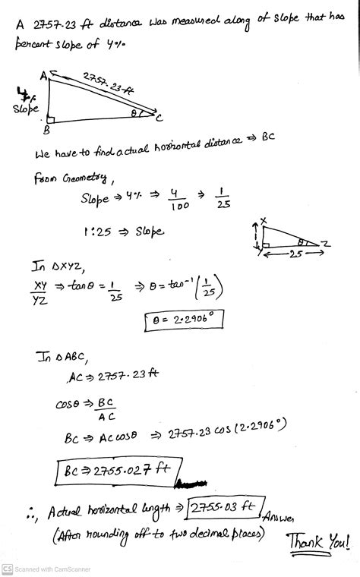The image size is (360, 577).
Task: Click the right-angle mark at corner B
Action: tap(52, 118)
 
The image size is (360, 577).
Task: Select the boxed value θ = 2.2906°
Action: tap(184, 321)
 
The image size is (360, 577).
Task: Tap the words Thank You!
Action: tap(319, 542)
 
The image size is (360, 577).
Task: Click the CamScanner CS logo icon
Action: tap(7, 569)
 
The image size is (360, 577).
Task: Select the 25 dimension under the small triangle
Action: tap(294, 256)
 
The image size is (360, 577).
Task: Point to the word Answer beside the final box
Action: tap(283, 517)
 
